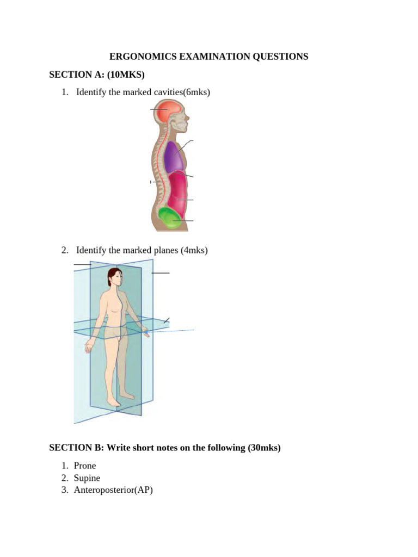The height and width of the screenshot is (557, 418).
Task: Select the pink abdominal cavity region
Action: pos(178,193)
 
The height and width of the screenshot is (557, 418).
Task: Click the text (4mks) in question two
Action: pos(194,250)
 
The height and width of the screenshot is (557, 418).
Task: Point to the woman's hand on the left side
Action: pos(88,344)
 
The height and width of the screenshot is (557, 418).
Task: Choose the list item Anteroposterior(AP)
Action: pos(114,490)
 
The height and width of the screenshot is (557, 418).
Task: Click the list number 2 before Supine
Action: pos(64,478)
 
